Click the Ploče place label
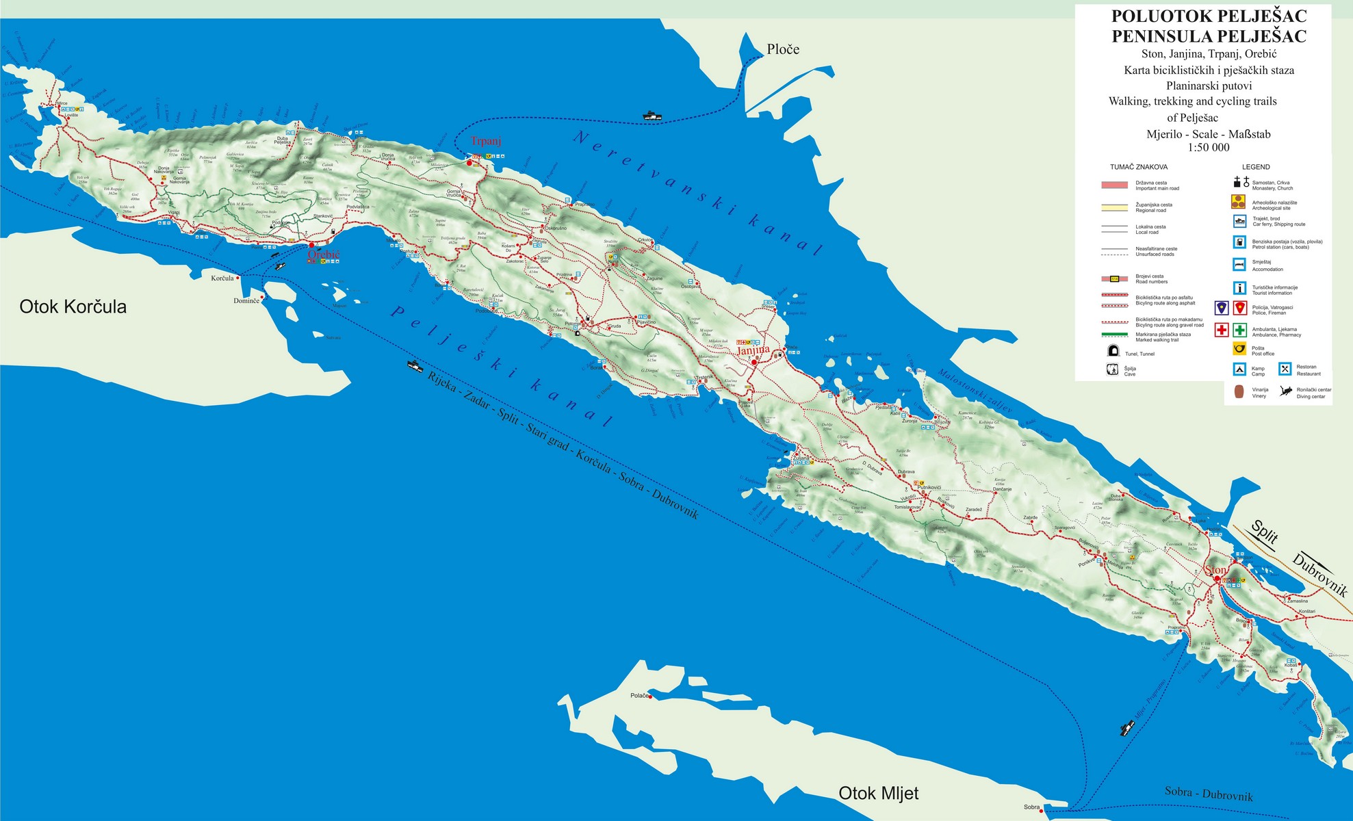(x=783, y=49)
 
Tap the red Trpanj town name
(x=486, y=141)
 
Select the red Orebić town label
(x=324, y=255)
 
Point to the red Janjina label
(x=753, y=350)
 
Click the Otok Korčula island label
(x=73, y=307)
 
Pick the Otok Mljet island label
(x=878, y=793)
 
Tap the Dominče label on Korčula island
(x=246, y=301)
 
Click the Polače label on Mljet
(x=639, y=696)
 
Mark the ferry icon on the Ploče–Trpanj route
(x=653, y=116)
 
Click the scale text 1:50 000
(x=1209, y=148)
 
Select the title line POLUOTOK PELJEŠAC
(x=1209, y=16)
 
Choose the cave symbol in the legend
(x=1112, y=370)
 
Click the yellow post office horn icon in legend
(x=1239, y=350)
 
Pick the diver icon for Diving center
(x=1286, y=392)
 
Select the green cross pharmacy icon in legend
(x=1239, y=330)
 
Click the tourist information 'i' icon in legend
(x=1239, y=288)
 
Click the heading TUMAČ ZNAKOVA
(x=1139, y=167)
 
